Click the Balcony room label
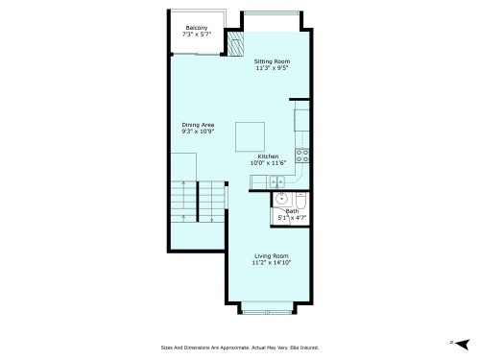tap(197, 27)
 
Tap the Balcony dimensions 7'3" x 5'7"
tap(197, 35)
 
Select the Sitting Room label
tap(273, 61)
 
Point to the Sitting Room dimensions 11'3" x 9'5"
tap(273, 69)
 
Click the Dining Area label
tap(197, 124)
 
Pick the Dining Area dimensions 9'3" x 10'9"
tap(197, 132)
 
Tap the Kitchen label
tap(268, 156)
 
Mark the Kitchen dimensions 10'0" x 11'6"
tap(268, 163)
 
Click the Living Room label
tap(271, 255)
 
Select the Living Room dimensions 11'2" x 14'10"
tap(271, 263)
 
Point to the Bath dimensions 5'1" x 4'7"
tap(291, 218)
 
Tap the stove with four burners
tap(301, 154)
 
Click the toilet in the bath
tap(300, 203)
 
